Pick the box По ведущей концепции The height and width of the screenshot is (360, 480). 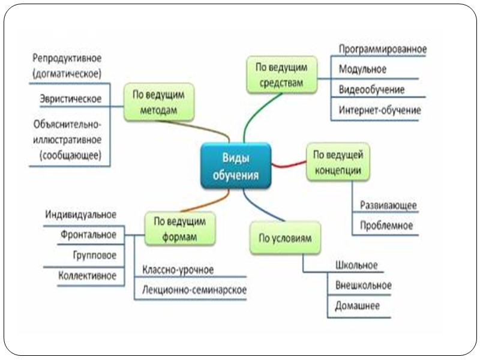(x=337, y=162)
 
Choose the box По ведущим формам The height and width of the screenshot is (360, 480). (x=179, y=228)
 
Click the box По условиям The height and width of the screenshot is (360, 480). (x=284, y=238)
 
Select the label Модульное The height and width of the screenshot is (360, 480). (x=362, y=69)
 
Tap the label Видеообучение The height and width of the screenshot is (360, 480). (x=371, y=90)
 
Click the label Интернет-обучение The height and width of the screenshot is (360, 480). (x=379, y=110)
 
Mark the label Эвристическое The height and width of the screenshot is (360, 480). (x=70, y=98)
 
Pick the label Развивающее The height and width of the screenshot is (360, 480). (x=388, y=205)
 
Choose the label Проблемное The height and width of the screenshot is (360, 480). (x=386, y=226)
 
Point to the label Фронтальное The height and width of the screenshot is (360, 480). (x=88, y=235)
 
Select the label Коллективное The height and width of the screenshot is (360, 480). (x=87, y=275)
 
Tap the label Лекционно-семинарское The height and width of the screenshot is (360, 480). (x=194, y=290)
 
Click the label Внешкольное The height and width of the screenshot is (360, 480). (x=363, y=285)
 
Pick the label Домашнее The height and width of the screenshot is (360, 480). (x=357, y=305)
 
